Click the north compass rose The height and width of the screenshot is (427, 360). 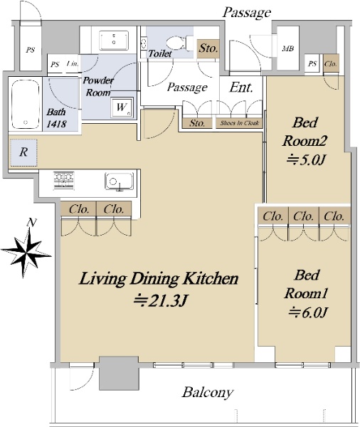pos(26,252)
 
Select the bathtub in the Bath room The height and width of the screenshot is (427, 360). pos(25,105)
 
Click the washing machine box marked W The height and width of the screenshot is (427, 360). pos(122,107)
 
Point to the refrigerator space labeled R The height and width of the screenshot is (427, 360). pos(23,152)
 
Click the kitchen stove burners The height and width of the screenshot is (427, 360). pos(64,180)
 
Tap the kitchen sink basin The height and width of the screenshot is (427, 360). pos(120,181)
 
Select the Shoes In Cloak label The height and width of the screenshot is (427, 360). pos(239,123)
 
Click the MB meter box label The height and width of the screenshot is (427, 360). pos(288,48)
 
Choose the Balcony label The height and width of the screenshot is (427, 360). pos(208,392)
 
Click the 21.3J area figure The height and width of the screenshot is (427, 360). pos(162,300)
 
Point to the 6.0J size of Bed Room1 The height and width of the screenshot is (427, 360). pos(308,312)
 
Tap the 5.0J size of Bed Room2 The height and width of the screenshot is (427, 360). pos(306,159)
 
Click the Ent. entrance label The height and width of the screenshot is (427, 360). pos(241,88)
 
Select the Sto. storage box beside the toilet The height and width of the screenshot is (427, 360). pos(208,48)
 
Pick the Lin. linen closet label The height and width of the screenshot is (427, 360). pos(73,64)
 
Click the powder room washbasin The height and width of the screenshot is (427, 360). pos(114,41)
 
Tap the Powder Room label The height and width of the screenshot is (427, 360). pos(98,86)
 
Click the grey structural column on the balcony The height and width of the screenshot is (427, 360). pos(119,373)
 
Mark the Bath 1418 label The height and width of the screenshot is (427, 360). pos(56,117)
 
